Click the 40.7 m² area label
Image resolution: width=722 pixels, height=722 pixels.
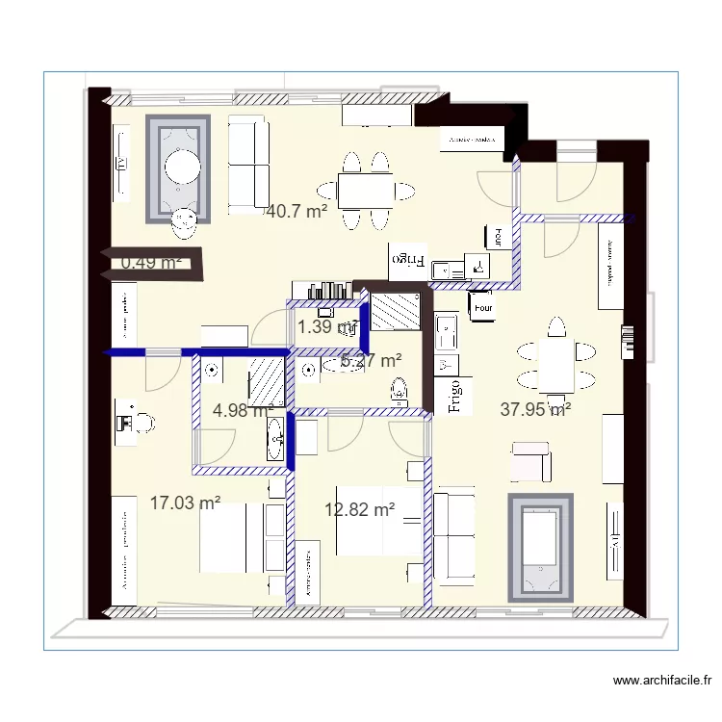click(x=297, y=211)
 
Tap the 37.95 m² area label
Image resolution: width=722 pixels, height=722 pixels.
click(x=536, y=409)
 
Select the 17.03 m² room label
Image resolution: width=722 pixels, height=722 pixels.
click(x=186, y=502)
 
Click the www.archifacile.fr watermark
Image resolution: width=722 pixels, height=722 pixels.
click(x=663, y=682)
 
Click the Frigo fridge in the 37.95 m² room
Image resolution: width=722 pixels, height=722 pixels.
click(x=455, y=396)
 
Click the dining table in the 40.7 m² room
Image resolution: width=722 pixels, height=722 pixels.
click(x=365, y=190)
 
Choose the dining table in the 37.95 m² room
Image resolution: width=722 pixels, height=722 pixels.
click(x=555, y=367)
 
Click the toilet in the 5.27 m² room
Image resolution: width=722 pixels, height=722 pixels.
click(x=399, y=391)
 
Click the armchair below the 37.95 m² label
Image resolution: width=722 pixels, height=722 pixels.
click(x=530, y=462)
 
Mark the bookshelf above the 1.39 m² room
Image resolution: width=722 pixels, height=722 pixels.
click(x=323, y=290)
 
